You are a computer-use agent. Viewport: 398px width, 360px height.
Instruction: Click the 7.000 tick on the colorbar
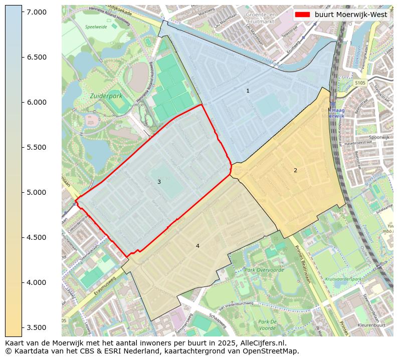[22, 12]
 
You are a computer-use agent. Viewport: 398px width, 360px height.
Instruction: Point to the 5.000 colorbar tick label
[37, 192]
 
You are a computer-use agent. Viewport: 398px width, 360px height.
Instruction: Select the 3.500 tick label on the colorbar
[37, 327]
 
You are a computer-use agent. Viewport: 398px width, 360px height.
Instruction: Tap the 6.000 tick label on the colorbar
[37, 102]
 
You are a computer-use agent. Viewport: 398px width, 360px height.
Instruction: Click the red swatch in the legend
[303, 15]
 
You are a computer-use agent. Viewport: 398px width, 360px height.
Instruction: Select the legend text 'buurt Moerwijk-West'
[351, 15]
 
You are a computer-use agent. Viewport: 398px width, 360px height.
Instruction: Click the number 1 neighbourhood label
[248, 91]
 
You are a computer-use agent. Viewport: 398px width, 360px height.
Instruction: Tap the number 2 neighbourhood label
[295, 170]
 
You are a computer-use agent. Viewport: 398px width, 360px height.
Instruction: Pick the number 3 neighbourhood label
[159, 182]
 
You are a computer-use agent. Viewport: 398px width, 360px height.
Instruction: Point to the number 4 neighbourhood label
[197, 246]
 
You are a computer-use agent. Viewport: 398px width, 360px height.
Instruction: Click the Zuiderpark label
[106, 95]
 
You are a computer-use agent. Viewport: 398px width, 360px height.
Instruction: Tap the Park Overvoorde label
[264, 270]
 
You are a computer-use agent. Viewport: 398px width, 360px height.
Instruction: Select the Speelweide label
[96, 27]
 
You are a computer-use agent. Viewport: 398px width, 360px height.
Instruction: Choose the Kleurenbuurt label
[371, 325]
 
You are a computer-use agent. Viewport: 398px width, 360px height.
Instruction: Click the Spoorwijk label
[379, 137]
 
